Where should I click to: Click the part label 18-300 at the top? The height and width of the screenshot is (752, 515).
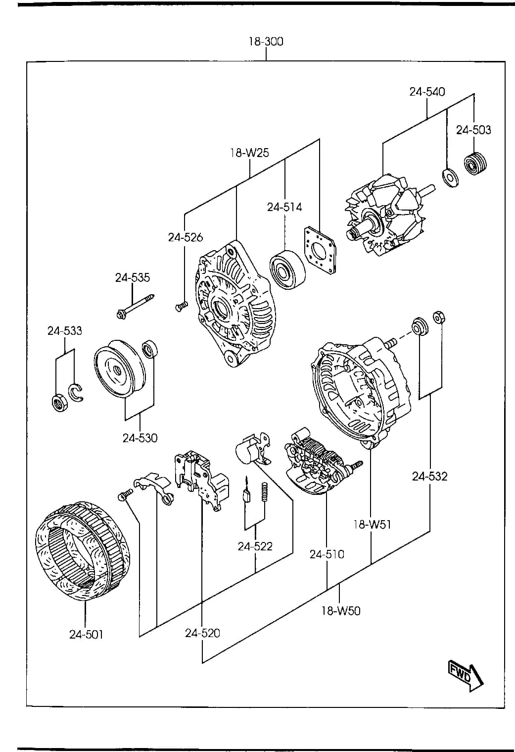[x=266, y=42]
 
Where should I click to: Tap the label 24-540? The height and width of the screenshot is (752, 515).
[x=427, y=92]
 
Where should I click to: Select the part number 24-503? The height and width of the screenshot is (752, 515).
[x=473, y=130]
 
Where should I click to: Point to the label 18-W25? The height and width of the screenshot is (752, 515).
[x=249, y=153]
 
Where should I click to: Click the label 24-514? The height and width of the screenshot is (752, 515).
[x=284, y=207]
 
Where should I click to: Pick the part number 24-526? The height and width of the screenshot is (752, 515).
[x=186, y=237]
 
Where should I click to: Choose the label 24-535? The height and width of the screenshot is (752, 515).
[x=133, y=277]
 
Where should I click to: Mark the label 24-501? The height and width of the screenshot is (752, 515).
[x=86, y=634]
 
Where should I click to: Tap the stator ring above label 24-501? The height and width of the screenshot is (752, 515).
[x=83, y=551]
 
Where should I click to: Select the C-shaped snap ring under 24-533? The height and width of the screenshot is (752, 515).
[x=76, y=392]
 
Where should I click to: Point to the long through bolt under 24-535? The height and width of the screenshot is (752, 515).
[x=135, y=306]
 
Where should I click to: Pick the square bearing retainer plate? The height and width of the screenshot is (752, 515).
[x=320, y=251]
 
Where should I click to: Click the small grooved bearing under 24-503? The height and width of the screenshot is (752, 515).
[x=475, y=163]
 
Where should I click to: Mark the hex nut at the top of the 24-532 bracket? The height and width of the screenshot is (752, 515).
[x=439, y=317]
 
